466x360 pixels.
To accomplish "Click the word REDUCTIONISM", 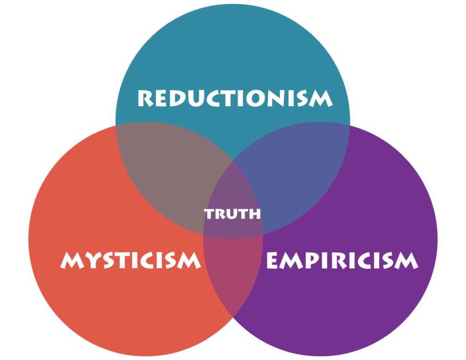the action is click(x=235, y=98).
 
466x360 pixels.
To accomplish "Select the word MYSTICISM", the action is click(x=130, y=260).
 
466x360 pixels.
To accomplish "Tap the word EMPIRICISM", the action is click(x=342, y=260).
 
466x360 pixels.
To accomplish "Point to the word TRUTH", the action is click(x=233, y=214).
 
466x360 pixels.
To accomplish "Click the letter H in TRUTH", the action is click(x=254, y=214).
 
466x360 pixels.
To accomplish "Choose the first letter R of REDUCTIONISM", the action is click(x=146, y=98).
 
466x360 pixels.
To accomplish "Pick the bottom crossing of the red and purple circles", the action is click(x=233, y=316).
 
